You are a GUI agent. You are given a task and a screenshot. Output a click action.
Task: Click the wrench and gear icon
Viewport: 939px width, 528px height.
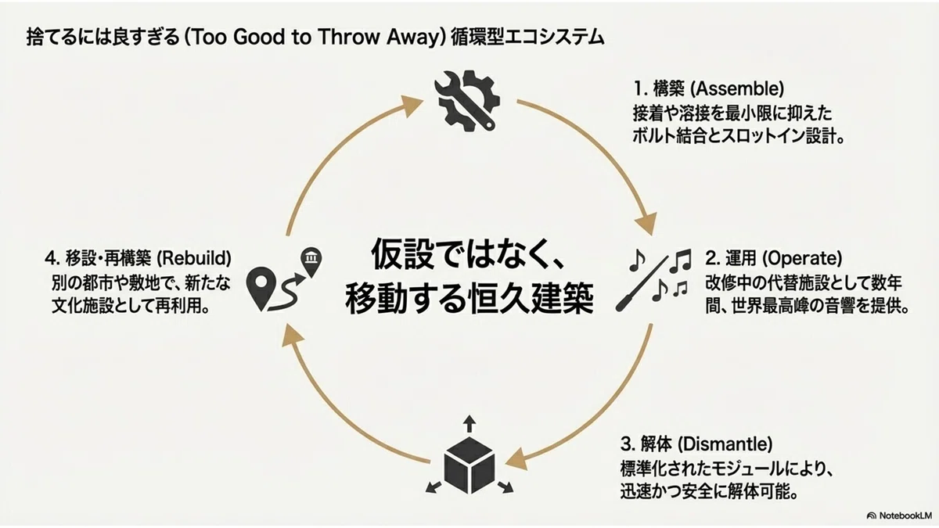(467, 102)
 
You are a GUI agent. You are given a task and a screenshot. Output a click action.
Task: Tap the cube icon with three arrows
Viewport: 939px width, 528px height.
(469, 456)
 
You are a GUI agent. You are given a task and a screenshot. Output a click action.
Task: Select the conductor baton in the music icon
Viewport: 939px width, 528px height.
(642, 284)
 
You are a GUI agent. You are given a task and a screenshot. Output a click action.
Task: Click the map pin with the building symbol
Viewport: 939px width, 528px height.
(311, 262)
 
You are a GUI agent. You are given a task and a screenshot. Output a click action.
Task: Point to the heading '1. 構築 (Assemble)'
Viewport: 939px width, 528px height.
(708, 89)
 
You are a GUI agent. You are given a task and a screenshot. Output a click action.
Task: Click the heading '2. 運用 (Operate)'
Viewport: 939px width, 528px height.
(773, 258)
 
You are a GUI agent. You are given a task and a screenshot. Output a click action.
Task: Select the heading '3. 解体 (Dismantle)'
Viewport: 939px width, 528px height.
(696, 444)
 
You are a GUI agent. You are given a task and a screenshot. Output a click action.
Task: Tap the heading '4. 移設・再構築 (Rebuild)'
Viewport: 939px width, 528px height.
(138, 258)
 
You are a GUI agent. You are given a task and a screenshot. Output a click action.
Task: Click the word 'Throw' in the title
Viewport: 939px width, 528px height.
(349, 38)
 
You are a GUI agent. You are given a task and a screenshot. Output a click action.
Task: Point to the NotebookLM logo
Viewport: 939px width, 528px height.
(899, 515)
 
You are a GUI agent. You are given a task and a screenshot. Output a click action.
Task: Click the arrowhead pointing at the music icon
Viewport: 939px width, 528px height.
(646, 224)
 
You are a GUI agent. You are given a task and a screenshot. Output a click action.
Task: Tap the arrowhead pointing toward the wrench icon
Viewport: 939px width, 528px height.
(412, 105)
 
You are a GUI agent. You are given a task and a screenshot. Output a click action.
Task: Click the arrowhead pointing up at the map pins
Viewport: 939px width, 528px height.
(292, 336)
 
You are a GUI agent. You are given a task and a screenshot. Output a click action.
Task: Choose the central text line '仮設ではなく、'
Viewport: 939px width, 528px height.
(468, 254)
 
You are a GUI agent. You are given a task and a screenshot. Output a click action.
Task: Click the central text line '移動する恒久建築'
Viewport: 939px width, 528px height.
(469, 299)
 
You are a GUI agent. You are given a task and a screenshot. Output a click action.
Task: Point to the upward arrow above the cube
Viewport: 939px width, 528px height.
(469, 424)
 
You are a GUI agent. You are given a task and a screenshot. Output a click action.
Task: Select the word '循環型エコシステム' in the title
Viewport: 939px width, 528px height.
(528, 38)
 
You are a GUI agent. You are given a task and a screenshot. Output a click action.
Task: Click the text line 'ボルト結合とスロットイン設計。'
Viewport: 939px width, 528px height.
(738, 137)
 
